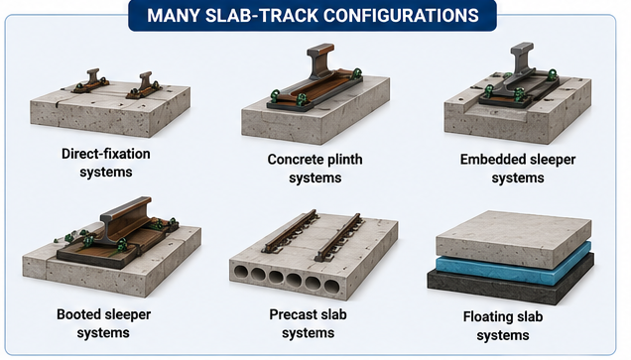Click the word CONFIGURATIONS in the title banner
coord(401,16)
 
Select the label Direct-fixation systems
coord(106,163)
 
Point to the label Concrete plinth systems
coord(315,169)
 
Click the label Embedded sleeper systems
coord(518,169)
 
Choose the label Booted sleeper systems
coord(103,323)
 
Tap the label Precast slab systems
coord(308,323)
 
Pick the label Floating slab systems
coord(503,326)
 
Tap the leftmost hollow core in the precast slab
coord(241,273)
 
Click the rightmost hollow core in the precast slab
coord(331,288)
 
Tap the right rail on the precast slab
coord(339,237)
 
